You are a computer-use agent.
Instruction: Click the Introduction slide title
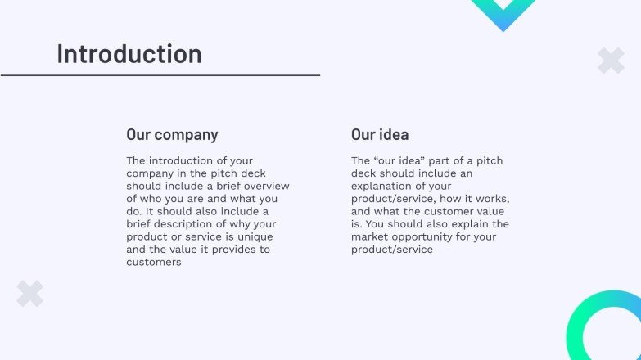coord(129,54)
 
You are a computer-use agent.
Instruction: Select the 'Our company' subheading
coord(172,135)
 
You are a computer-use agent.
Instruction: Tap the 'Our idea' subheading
coord(380,135)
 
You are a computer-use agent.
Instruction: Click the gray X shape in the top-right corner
coord(611,61)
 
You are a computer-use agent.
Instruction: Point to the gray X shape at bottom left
coord(30,294)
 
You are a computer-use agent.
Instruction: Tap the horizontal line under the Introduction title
coord(160,75)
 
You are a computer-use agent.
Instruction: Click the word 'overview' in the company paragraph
coord(266,187)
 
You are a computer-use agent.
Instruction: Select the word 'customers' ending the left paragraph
coord(153,262)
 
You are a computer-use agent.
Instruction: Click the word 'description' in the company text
coord(188,224)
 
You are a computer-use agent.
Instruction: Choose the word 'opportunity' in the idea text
coord(427,236)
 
